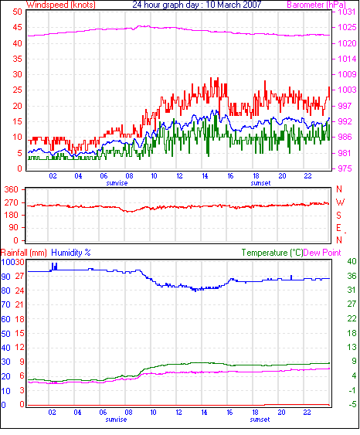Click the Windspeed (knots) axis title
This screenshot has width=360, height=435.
click(x=61, y=5)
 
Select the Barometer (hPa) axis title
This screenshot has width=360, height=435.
click(x=317, y=5)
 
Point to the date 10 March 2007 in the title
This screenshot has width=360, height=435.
click(x=233, y=5)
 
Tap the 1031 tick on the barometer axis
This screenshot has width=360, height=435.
click(x=347, y=12)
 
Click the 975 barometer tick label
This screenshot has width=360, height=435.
click(x=345, y=168)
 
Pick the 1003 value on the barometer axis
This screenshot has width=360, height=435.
click(x=347, y=90)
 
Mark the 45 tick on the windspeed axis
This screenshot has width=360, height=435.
click(x=17, y=28)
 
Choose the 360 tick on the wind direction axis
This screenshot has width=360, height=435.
click(x=11, y=190)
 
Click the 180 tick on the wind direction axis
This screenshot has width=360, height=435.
click(x=11, y=216)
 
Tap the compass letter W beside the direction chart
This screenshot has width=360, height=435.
click(x=340, y=202)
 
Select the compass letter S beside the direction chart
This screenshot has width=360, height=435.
click(x=338, y=216)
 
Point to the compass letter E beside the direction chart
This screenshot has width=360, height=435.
click(x=338, y=228)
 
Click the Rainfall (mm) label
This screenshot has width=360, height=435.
click(x=24, y=253)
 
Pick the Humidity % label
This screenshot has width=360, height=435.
click(x=71, y=253)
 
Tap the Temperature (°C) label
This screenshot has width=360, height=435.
click(x=272, y=253)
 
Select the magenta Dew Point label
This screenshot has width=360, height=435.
click(x=322, y=253)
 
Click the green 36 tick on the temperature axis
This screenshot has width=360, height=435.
click(x=352, y=276)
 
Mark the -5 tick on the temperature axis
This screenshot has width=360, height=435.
click(x=352, y=405)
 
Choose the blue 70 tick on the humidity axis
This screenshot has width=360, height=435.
click(x=5, y=305)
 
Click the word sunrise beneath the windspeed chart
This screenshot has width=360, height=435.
click(x=117, y=183)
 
